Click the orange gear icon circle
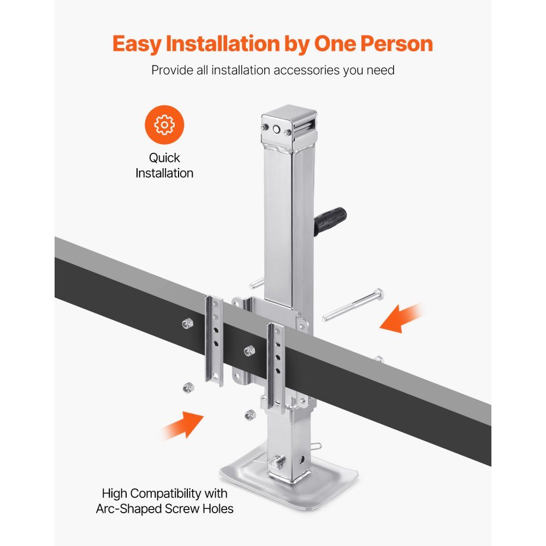(164, 124)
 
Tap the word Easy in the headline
(137, 44)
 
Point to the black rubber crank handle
(330, 220)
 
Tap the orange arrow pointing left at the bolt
(401, 318)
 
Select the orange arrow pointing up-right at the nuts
(183, 425)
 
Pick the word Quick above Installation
(164, 158)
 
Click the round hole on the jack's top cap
(276, 130)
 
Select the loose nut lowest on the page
(250, 415)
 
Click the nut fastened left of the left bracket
(187, 323)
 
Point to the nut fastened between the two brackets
(250, 351)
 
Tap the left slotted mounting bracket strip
(214, 341)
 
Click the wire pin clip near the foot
(316, 446)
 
